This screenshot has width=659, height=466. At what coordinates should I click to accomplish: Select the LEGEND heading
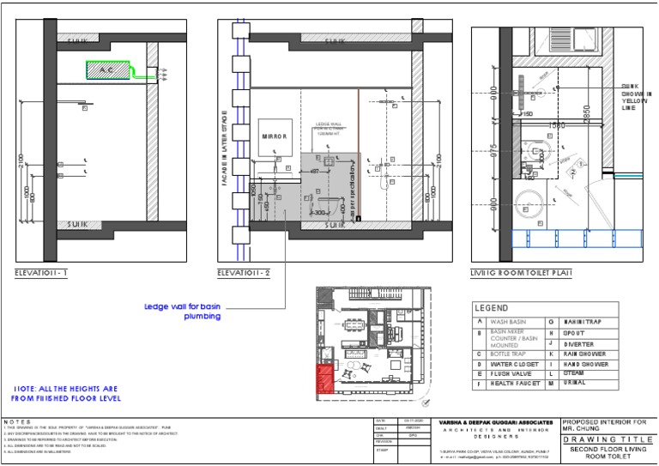pos(492,307)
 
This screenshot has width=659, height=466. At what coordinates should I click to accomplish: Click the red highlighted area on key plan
pos(324,378)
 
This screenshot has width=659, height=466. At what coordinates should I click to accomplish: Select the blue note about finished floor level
pos(66,393)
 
